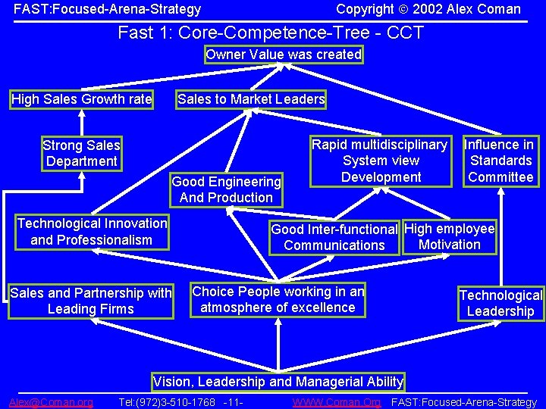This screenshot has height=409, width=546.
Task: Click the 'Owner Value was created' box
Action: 284,55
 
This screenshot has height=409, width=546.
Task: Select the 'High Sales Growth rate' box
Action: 82,99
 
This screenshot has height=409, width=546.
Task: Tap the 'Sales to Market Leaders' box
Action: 251,99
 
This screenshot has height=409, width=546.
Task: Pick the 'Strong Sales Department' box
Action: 81,153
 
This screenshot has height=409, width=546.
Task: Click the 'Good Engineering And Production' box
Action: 226,189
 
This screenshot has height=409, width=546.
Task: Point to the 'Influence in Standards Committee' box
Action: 500,161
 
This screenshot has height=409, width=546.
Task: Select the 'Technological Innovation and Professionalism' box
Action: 92,232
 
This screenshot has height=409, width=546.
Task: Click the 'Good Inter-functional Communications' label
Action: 334,237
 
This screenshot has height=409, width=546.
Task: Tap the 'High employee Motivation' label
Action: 450,236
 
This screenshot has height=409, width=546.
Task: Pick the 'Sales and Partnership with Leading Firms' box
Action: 91,301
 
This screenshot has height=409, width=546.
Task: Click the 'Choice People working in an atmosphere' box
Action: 278,299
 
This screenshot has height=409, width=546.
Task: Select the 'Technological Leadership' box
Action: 500,303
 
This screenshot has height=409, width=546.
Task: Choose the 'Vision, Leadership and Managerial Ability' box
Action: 278,381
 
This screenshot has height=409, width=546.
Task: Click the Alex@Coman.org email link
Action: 52,402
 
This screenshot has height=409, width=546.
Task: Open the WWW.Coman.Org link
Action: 337,402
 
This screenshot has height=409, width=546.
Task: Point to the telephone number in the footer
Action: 168,402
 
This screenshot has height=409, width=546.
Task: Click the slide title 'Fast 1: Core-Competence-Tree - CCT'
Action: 271,33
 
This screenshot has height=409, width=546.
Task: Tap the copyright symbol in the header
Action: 402,10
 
